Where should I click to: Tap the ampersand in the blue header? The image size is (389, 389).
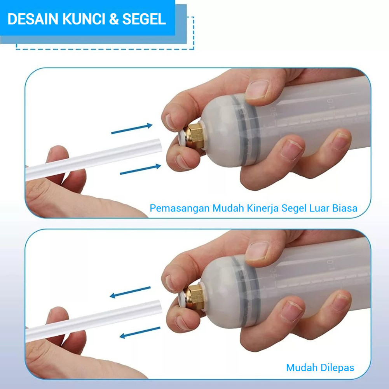click(x=114, y=19)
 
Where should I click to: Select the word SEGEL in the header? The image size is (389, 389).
click(x=144, y=19)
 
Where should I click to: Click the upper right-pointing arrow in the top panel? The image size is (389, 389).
click(x=132, y=129)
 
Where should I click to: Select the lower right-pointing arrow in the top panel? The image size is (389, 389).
click(x=140, y=169)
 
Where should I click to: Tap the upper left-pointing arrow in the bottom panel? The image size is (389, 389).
click(x=130, y=292)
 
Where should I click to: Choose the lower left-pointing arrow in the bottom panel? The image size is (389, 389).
click(x=140, y=333)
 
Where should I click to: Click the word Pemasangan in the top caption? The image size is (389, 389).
click(x=180, y=208)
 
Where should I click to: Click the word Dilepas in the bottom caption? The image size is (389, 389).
click(x=337, y=368)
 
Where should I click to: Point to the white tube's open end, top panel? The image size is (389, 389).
click(x=159, y=145)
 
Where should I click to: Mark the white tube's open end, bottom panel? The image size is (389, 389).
click(x=159, y=307)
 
